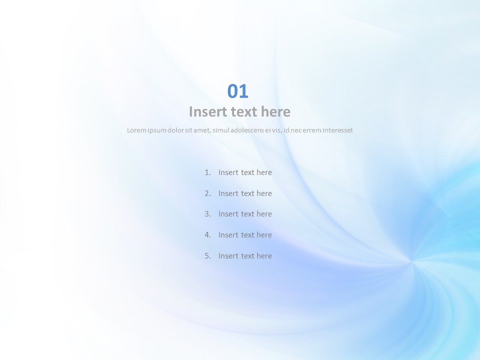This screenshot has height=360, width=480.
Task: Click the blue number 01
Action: click(x=238, y=91)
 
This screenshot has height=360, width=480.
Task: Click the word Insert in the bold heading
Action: click(x=207, y=111)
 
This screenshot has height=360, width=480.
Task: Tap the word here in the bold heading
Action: click(x=275, y=111)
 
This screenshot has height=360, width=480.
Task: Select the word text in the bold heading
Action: click(x=243, y=111)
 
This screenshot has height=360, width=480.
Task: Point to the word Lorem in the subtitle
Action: click(x=136, y=130)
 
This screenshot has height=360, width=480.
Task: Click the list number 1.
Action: click(x=208, y=172)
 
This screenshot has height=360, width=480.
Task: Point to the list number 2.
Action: click(x=208, y=193)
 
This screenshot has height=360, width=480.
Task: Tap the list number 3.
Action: click(x=208, y=214)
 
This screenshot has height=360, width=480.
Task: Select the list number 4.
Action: click(x=208, y=235)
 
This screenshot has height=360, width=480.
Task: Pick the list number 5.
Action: click(x=208, y=256)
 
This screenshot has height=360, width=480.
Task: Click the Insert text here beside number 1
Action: click(x=245, y=172)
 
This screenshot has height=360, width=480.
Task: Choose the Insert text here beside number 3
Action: click(x=245, y=214)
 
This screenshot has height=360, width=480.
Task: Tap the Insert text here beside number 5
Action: click(x=245, y=256)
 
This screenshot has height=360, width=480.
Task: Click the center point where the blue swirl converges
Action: click(x=411, y=261)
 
